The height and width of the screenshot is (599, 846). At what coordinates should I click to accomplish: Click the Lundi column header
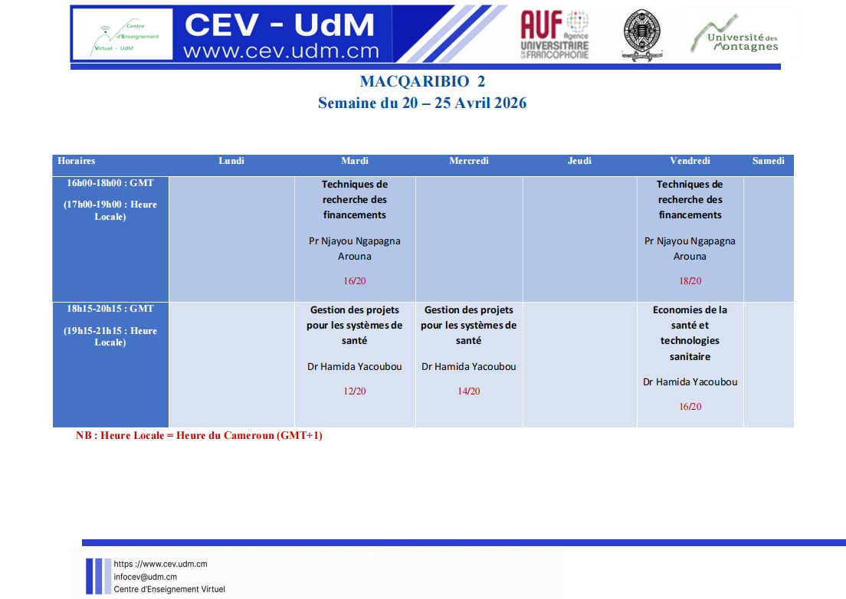point(231,161)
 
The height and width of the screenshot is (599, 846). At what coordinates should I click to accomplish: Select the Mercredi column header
point(469,161)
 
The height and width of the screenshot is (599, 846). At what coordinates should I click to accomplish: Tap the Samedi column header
point(769,161)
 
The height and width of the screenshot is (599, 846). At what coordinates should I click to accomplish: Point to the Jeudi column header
point(579,161)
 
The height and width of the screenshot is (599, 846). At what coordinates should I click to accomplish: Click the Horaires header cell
point(76,161)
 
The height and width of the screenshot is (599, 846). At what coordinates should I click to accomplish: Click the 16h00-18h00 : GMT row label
point(110,183)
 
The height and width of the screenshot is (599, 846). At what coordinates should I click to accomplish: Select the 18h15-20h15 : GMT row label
point(110,309)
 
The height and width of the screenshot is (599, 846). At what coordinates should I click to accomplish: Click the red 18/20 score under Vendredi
point(690,281)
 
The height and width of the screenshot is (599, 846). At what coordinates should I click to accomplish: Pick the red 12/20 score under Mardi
point(355,391)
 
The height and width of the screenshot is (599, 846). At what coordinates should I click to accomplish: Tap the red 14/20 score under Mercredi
point(469,391)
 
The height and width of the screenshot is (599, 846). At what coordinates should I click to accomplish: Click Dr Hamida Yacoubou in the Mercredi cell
point(469,367)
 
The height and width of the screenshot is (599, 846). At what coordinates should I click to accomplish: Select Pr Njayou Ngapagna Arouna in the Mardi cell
point(355,248)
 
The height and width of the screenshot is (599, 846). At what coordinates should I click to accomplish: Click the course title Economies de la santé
point(690,318)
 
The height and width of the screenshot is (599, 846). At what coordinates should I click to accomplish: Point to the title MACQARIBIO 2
point(422,81)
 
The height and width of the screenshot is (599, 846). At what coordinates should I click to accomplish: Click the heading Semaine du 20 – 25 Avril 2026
point(422,103)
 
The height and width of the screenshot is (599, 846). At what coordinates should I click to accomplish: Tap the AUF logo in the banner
point(555,34)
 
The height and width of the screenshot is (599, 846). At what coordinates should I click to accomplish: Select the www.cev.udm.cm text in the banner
point(281,51)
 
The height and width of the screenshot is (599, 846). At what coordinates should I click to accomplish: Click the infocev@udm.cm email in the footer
point(145,577)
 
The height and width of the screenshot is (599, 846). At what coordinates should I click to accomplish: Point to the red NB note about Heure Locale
point(199,436)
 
